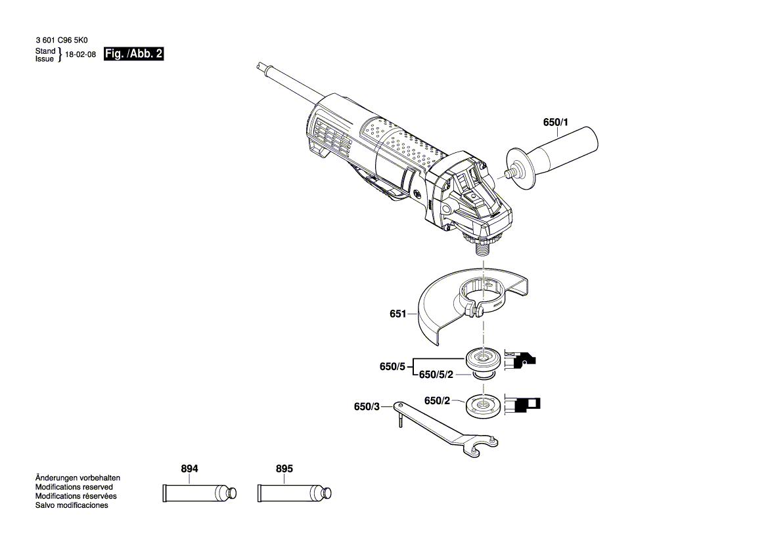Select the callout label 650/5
coord(392,367)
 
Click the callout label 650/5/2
coord(436,375)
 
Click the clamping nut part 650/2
coord(483,404)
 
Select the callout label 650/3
coord(367,407)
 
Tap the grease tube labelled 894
coord(193,493)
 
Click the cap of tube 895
coord(325,492)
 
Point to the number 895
coord(284,469)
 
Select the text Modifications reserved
coord(74,487)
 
